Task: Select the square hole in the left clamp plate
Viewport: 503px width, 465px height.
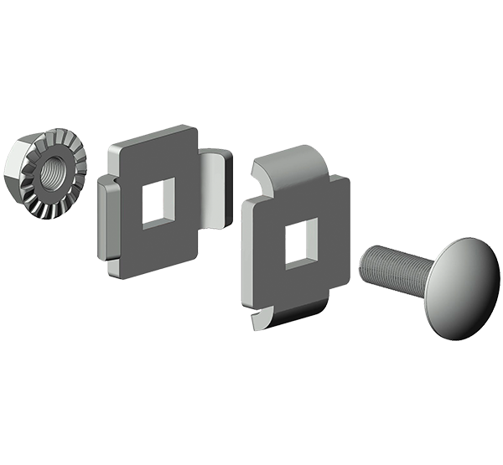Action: (x=158, y=202)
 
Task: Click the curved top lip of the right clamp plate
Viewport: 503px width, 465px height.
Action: (x=289, y=164)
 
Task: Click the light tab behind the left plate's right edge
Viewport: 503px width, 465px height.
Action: (x=216, y=189)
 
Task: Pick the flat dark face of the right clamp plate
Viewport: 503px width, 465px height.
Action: (x=327, y=276)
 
